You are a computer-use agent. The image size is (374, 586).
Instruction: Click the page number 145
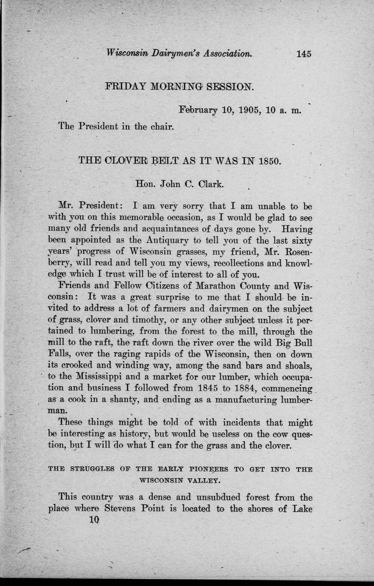click(x=304, y=54)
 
